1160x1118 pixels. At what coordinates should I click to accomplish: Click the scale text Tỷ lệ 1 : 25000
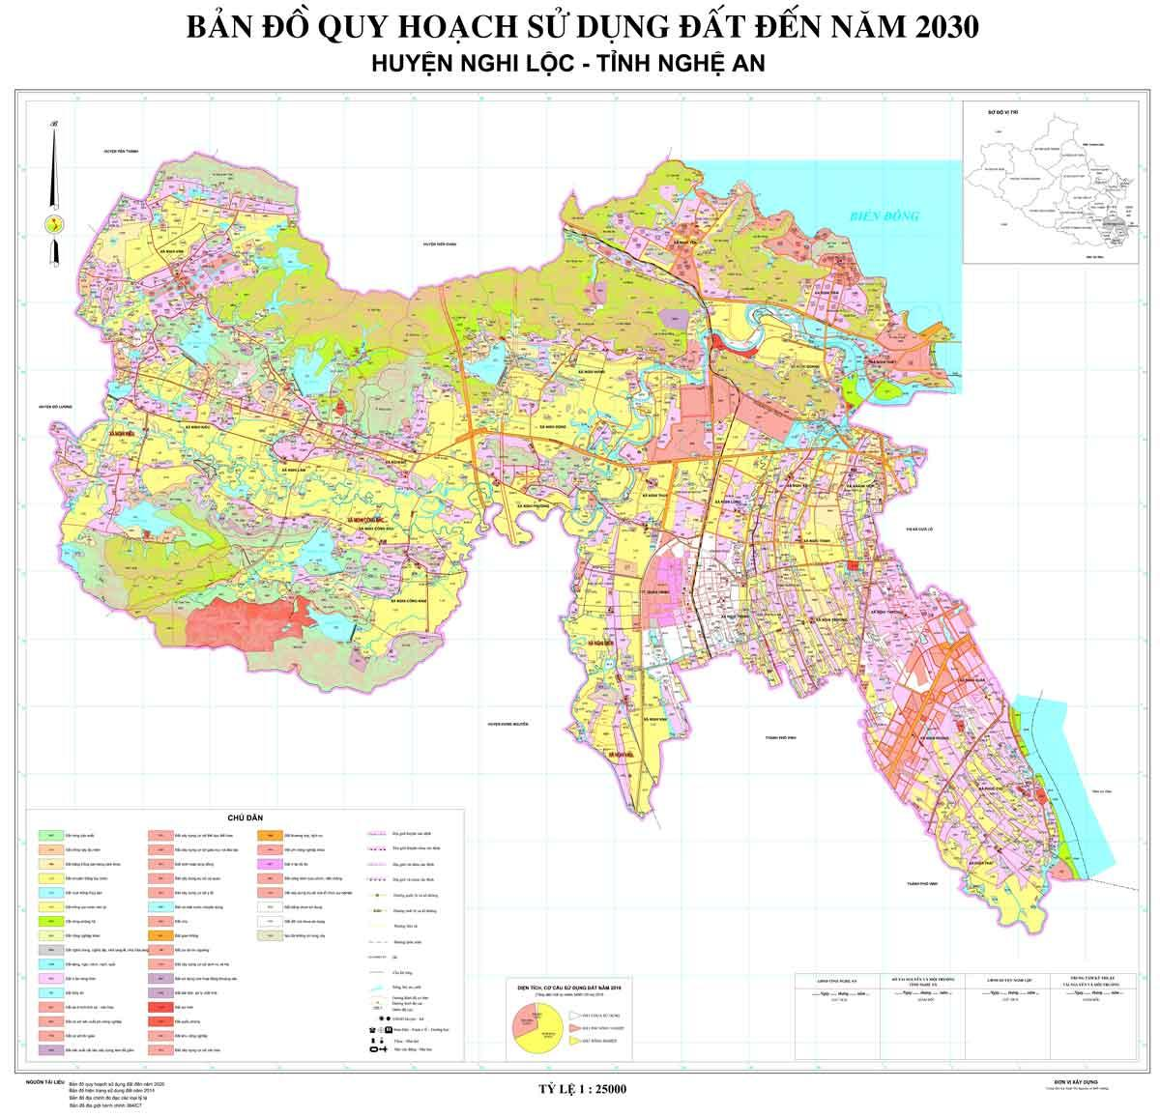(582, 1089)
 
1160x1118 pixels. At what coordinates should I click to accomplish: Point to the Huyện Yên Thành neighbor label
(123, 152)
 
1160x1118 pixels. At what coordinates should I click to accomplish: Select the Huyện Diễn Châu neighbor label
(438, 245)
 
